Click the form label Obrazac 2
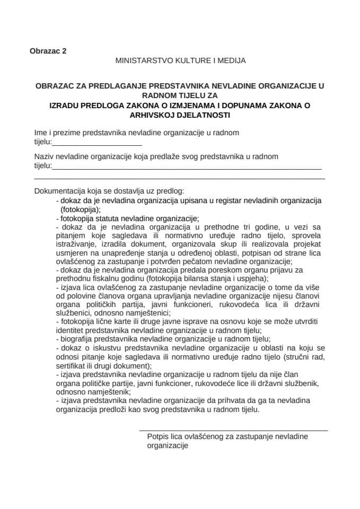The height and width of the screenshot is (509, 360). coord(48,51)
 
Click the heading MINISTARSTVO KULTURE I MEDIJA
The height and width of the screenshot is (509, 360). coord(180,61)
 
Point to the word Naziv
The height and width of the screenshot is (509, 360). coord(45,157)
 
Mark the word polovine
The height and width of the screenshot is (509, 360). coord(84,295)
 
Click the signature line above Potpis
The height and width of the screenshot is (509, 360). coord(233,431)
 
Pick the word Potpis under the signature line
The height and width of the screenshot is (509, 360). coord(158,436)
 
